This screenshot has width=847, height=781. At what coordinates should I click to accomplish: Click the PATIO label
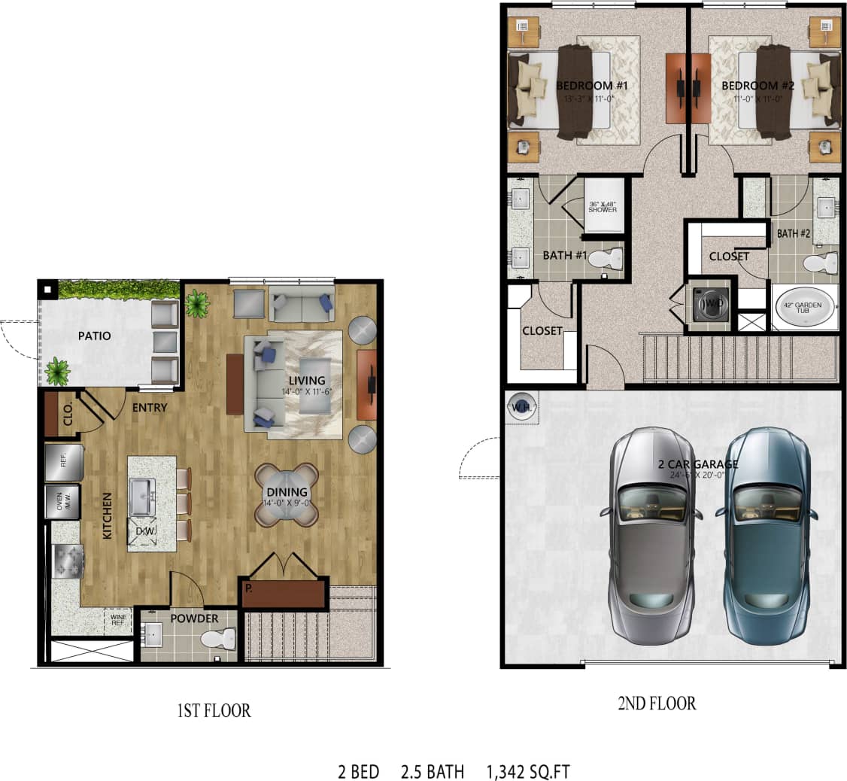coord(95,336)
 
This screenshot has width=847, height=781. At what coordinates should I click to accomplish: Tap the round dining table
coord(286,494)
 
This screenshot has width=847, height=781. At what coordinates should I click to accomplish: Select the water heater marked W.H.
coord(521,408)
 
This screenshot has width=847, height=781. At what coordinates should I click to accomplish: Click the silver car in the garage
coord(651,536)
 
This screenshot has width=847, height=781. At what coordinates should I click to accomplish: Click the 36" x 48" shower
coord(603,206)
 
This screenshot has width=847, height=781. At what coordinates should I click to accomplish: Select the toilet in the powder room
coord(217,640)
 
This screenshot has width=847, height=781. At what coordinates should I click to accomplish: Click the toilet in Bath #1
coord(607,260)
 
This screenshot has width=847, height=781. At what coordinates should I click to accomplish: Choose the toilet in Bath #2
coord(821,263)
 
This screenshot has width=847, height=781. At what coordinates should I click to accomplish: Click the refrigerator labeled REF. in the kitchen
coord(64,461)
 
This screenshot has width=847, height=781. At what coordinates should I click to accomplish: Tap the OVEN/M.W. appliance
coord(64,501)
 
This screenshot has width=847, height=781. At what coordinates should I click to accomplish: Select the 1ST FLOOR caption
coord(214,710)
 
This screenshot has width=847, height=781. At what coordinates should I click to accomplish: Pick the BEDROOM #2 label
coord(757,86)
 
